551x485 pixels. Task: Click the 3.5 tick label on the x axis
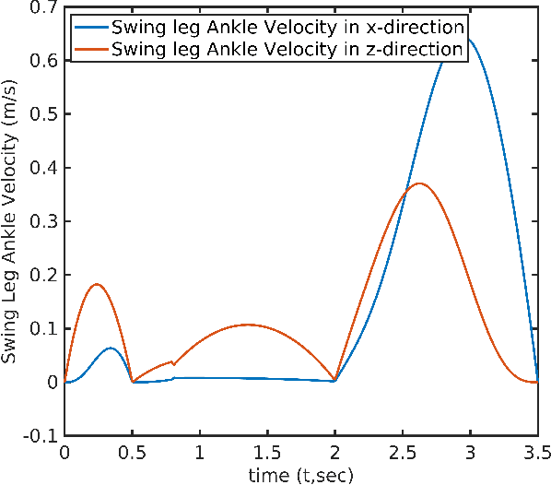coord(537,453)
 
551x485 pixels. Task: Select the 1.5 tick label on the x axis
coord(267,453)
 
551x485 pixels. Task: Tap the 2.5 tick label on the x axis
coord(403,453)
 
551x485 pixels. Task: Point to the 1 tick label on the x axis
coord(199,453)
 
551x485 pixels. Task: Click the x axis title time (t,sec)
coord(300,473)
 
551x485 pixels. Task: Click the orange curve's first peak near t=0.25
coord(97,284)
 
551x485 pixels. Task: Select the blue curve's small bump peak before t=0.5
coord(111,348)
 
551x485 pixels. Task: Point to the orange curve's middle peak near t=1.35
coord(247,325)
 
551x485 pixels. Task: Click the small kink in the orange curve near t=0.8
coord(173,364)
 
